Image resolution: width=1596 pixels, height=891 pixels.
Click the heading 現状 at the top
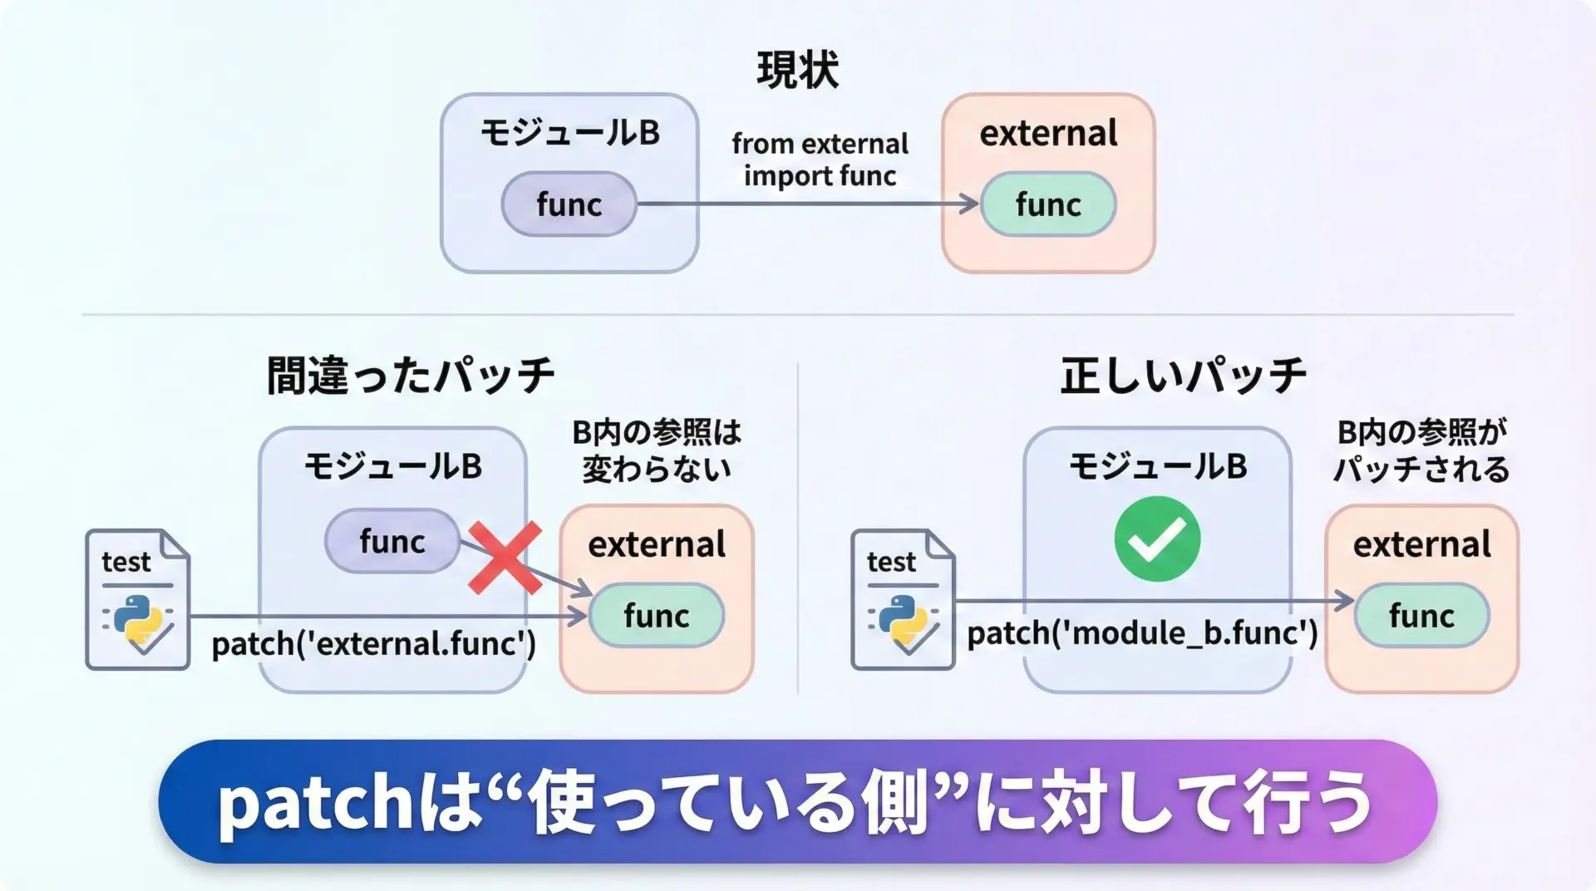[797, 70]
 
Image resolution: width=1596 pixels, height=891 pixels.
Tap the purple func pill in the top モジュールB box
[569, 204]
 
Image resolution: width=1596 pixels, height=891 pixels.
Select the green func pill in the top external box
[1048, 204]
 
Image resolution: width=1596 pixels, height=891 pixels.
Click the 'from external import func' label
[820, 160]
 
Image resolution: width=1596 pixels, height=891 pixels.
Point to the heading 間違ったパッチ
[411, 375]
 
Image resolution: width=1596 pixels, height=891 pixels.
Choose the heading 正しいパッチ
[1184, 375]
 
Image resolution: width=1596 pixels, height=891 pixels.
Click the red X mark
[505, 558]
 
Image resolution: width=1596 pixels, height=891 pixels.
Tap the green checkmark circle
[1157, 539]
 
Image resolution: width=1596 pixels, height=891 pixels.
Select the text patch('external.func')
[374, 644]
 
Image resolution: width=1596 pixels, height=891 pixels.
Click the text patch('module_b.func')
[1142, 633]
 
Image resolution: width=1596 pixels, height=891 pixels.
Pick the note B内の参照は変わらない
[657, 450]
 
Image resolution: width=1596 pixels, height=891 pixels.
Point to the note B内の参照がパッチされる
[1421, 450]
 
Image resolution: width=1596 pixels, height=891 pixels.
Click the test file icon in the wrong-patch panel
[138, 599]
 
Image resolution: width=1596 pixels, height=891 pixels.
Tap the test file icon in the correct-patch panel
[904, 599]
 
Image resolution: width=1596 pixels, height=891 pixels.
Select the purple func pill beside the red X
[392, 541]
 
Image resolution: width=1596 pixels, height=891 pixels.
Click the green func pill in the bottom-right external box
[1421, 616]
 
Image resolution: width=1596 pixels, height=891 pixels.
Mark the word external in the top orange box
[1048, 133]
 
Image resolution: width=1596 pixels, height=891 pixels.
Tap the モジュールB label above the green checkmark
[1157, 466]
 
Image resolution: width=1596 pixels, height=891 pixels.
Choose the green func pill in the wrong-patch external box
[657, 616]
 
